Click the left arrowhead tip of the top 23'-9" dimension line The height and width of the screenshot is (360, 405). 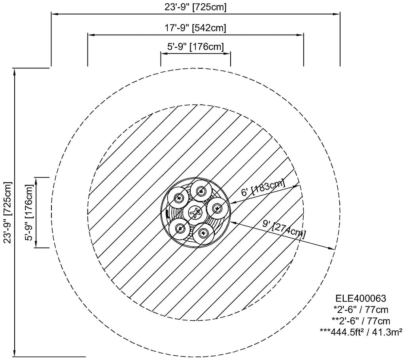tap(51, 14)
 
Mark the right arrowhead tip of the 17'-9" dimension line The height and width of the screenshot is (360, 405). tap(303, 35)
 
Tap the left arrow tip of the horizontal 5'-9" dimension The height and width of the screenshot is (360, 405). tap(161, 54)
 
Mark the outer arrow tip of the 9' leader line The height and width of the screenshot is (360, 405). tap(335, 249)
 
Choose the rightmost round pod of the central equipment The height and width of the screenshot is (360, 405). tap(218, 208)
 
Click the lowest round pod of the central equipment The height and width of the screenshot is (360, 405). tap(204, 233)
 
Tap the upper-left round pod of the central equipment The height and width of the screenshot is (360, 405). tap(178, 198)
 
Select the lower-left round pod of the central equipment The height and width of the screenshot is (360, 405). tap(179, 228)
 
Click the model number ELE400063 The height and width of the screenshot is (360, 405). tap(361, 298)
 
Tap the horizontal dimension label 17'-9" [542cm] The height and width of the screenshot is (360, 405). tap(195, 27)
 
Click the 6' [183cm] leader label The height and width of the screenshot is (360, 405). tap(263, 188)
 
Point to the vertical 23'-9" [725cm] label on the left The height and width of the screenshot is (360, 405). tap(8, 212)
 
